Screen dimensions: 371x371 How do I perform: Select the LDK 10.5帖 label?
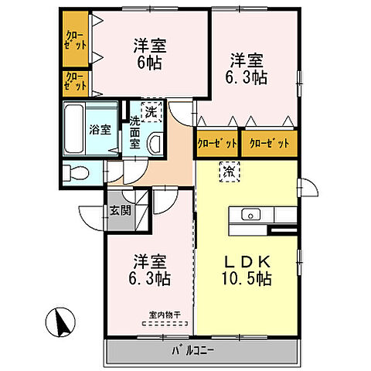click(x=247, y=269)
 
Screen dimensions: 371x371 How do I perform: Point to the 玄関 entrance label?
click(x=120, y=210)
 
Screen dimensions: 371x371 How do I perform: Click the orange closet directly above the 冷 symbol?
click(x=217, y=143)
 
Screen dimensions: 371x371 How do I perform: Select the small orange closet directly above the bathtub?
click(x=75, y=82)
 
